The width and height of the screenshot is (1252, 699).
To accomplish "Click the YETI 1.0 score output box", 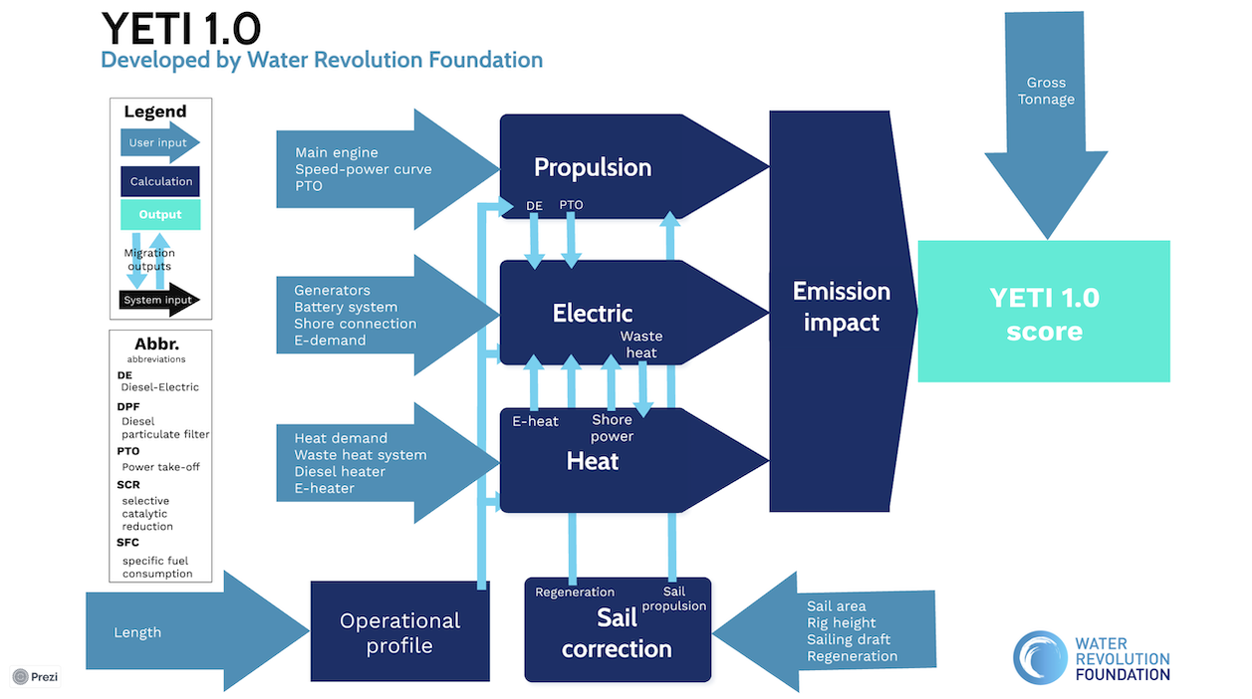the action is point(1044,312).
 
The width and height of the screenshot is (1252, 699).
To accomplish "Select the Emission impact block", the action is point(842,311).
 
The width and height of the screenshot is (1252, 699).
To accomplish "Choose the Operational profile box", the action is point(400,631).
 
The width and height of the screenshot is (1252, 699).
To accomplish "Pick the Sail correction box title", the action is point(617,633).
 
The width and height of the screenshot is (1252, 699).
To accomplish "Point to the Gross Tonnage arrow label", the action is point(1046,91).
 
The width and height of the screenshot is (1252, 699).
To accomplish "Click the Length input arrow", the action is point(197,631).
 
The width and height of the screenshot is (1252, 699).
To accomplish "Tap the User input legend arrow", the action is point(159,142).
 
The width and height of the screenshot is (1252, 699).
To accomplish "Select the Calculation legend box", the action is point(159,181).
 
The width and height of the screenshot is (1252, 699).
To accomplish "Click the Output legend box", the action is point(160,214).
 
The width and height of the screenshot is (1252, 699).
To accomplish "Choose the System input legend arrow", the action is point(159,300).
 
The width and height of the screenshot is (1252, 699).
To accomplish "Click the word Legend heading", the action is point(154,112).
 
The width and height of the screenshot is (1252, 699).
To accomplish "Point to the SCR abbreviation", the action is point(128,485).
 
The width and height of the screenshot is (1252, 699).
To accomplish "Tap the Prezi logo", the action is point(35,677).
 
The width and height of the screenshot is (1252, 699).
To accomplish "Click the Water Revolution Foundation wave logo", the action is point(1040,657).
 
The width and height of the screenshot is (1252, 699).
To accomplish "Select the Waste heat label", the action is point(641,345).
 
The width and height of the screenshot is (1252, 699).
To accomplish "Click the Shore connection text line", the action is point(355,324).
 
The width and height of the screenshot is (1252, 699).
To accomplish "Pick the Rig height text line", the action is point(841,622).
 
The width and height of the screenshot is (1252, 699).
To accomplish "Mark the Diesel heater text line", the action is point(340,472).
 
